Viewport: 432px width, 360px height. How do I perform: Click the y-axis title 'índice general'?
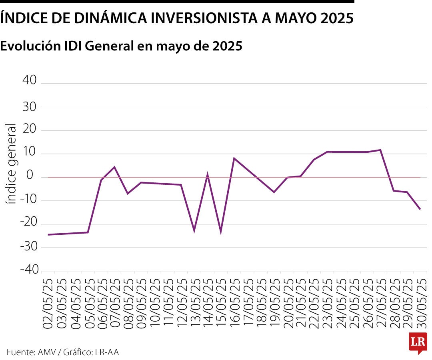click(12, 164)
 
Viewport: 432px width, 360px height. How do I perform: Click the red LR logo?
click(418, 343)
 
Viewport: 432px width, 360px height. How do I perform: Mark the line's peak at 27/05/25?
click(380, 150)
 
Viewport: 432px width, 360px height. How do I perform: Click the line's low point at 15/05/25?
click(221, 232)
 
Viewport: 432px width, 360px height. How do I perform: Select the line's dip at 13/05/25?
click(194, 231)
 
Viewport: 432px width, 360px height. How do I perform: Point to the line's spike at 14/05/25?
click(207, 175)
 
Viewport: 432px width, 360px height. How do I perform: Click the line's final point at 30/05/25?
click(420, 209)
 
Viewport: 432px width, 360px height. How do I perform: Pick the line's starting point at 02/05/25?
click(48, 234)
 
